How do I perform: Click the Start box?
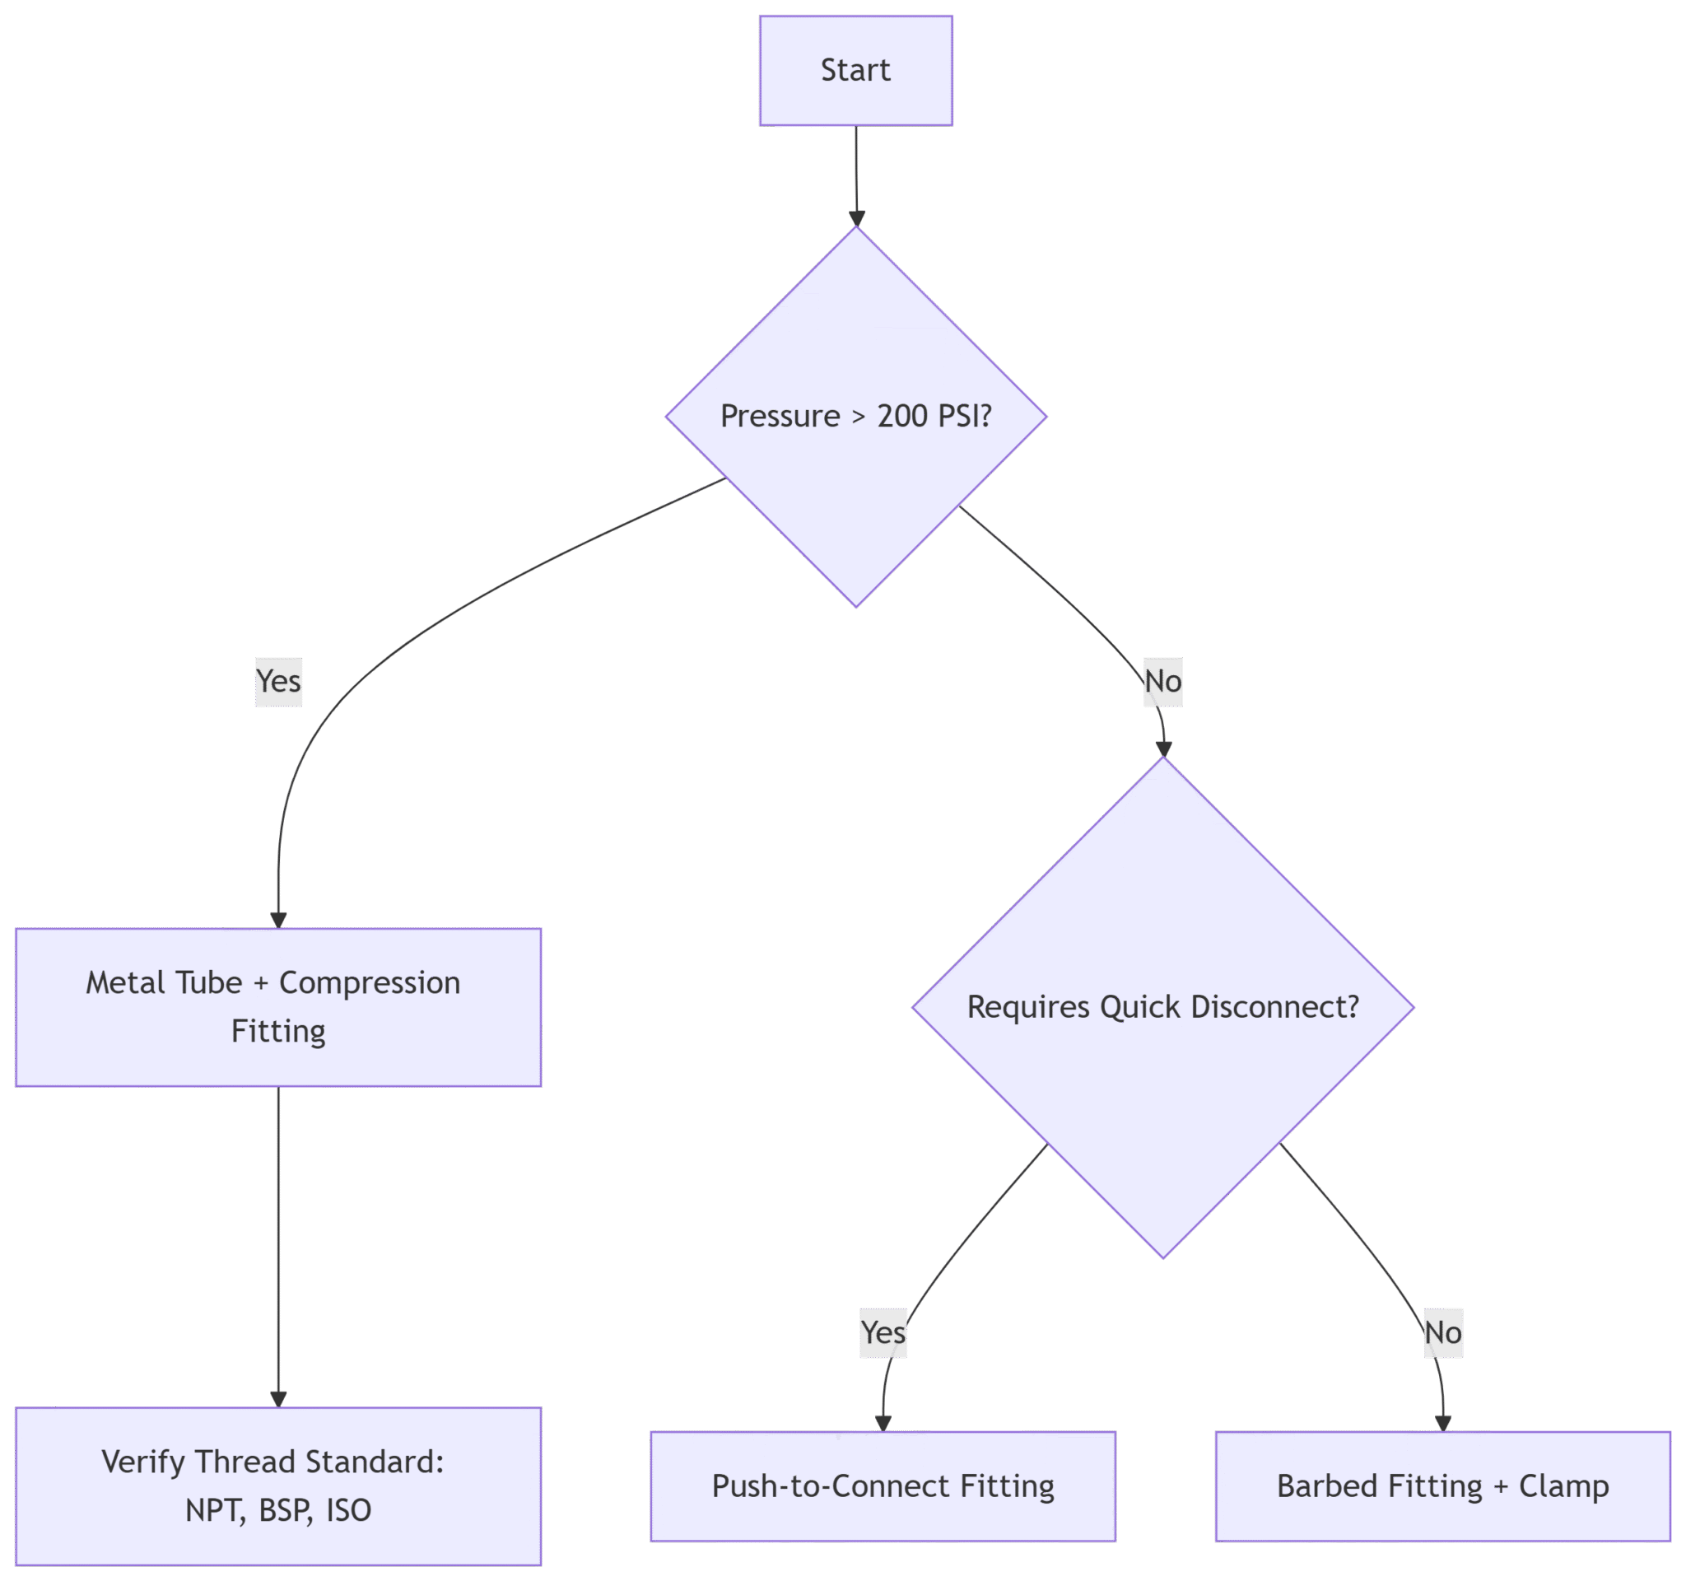tap(855, 70)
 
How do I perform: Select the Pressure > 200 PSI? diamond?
tap(855, 417)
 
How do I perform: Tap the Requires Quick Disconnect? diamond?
tap(1162, 1008)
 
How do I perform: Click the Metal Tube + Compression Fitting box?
tap(278, 1008)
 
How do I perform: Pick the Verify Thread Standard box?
tap(278, 1487)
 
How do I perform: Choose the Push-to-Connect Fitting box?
tap(883, 1487)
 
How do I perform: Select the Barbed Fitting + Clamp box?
tap(1442, 1487)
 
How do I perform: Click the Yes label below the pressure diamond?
tap(278, 682)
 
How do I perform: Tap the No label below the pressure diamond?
tap(1162, 682)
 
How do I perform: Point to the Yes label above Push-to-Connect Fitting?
tap(883, 1333)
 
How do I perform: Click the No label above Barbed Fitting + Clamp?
tap(1442, 1333)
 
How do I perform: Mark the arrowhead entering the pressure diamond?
tap(856, 219)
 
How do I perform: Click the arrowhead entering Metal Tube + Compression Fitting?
tap(278, 921)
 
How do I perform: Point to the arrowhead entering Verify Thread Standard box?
tap(278, 1401)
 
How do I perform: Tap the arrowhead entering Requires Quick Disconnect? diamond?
tap(1163, 749)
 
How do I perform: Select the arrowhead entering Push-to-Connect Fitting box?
tap(883, 1424)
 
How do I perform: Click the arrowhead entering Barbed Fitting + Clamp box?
tap(1443, 1424)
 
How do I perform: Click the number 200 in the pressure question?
tap(901, 417)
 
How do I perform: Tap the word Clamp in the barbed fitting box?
tap(1564, 1487)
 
